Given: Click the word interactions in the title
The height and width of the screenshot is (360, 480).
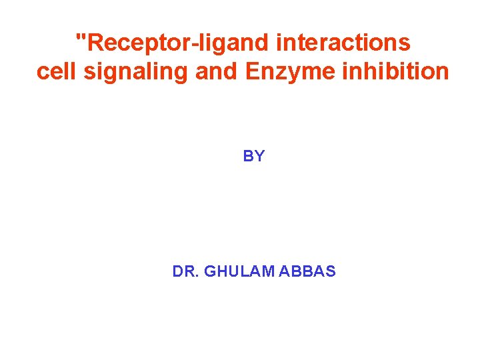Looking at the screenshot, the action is coord(344,43).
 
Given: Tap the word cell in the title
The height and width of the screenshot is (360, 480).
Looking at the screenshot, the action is coord(55,71).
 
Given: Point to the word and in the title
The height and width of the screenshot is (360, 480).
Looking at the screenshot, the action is coord(216,71).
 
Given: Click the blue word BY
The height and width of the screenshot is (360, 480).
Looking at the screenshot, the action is coord(254,157).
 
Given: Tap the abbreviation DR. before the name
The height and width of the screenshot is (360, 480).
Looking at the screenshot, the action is coord(185,271).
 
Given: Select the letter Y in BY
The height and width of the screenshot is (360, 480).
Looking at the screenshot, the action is coord(259,157).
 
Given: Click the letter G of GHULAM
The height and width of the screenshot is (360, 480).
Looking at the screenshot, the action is coord(209,271).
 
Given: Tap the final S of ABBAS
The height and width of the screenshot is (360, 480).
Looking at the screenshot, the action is coord(331,271).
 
